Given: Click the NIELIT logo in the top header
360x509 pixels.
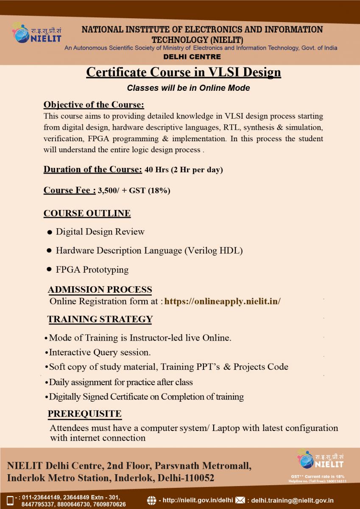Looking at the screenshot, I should (36, 33).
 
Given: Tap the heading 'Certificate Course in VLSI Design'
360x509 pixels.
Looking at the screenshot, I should (184, 72).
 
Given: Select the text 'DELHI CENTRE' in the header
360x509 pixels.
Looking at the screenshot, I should (192, 57).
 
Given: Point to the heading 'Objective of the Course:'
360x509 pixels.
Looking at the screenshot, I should (94, 105).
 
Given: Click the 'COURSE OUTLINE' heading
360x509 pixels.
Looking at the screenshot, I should (87, 213).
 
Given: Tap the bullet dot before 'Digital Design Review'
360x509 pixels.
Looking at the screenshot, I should (50, 232).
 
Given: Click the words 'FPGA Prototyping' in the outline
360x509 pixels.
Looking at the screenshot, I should (92, 270).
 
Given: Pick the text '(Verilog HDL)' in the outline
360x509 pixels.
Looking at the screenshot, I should (213, 251).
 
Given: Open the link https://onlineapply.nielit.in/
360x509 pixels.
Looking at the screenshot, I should (222, 302).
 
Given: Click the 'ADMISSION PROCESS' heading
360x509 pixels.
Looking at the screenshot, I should (100, 290).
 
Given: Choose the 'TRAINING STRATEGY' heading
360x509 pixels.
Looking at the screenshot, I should (100, 319).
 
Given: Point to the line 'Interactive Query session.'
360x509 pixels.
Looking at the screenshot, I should (100, 352).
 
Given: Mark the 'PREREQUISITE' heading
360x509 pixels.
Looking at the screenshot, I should (84, 414).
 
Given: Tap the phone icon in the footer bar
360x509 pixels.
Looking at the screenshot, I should (10, 501).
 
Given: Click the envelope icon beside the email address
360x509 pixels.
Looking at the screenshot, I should (240, 501).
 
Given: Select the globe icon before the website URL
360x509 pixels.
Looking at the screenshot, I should (151, 501).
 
